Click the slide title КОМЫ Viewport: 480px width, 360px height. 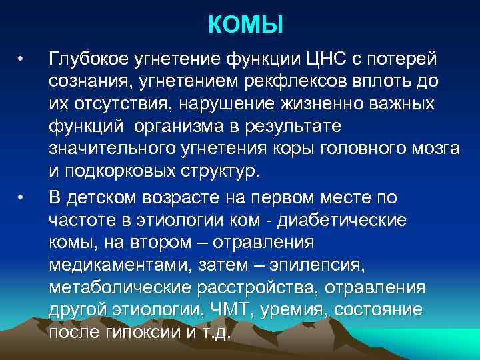point(245,25)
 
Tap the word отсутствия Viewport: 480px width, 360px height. point(121,104)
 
